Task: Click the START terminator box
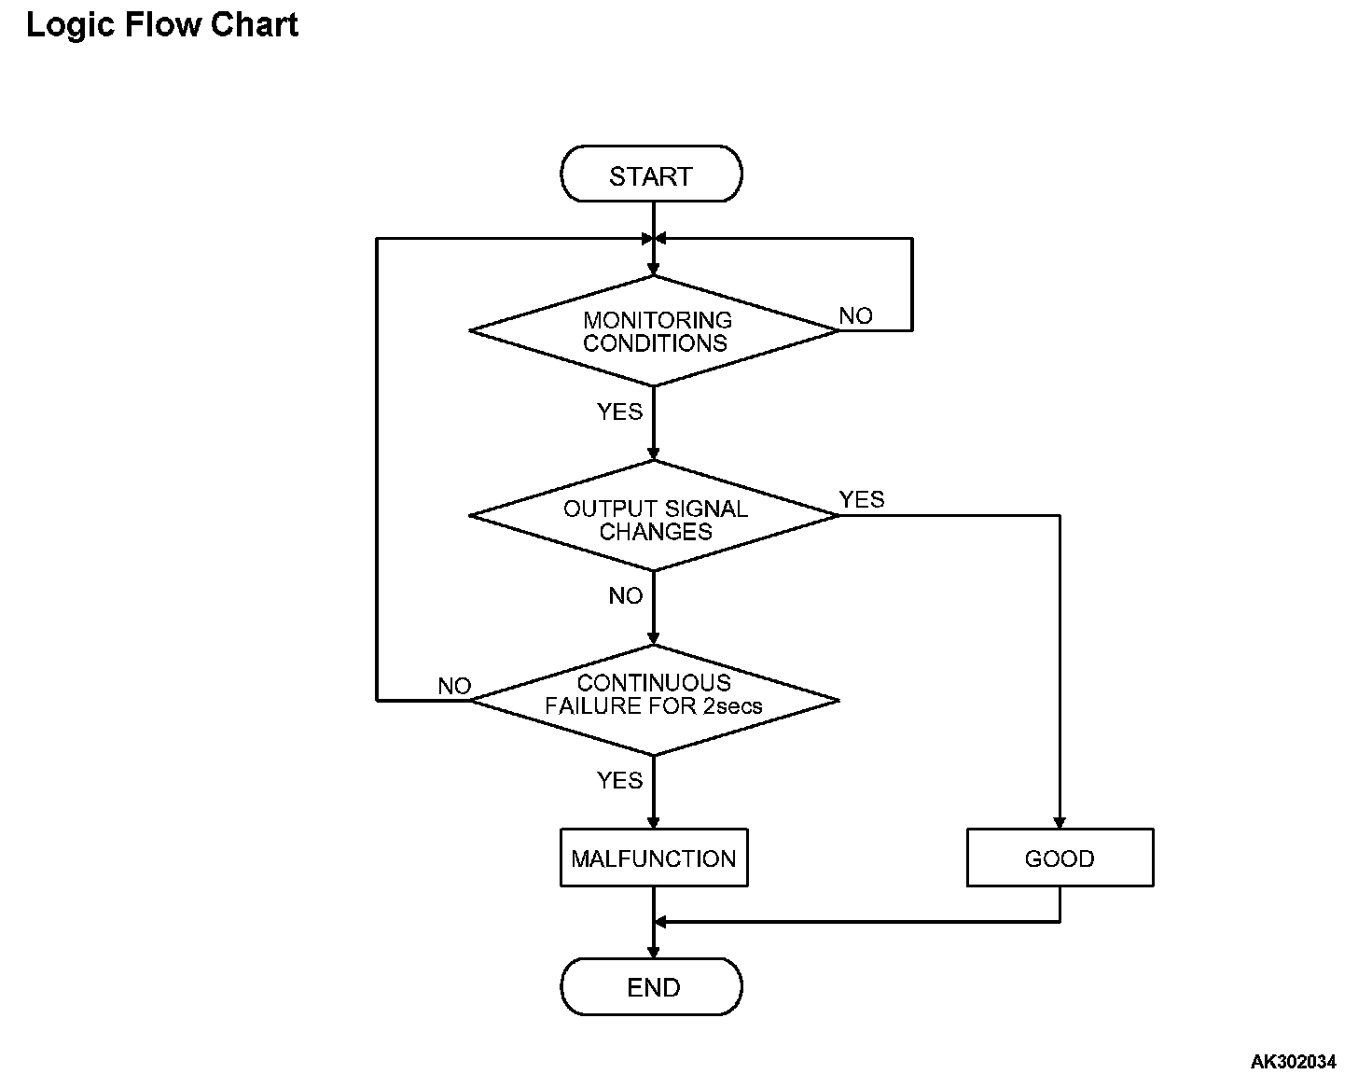651,174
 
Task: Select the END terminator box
651,986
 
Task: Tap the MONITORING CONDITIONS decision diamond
654,331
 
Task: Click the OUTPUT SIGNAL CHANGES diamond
654,516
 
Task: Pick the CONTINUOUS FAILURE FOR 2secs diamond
654,700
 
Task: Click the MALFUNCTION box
654,858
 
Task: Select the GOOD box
1060,858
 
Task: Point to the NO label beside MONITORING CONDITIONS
855,315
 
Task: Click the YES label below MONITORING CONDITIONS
619,411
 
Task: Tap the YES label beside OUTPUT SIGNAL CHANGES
862,499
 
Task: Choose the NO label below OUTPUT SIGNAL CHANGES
625,595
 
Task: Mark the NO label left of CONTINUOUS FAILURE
454,686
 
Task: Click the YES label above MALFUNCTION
619,780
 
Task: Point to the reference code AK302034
1293,1062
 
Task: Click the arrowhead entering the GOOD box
1060,823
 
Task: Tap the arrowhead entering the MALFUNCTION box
654,823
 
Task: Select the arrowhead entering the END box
654,952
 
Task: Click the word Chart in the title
254,24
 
